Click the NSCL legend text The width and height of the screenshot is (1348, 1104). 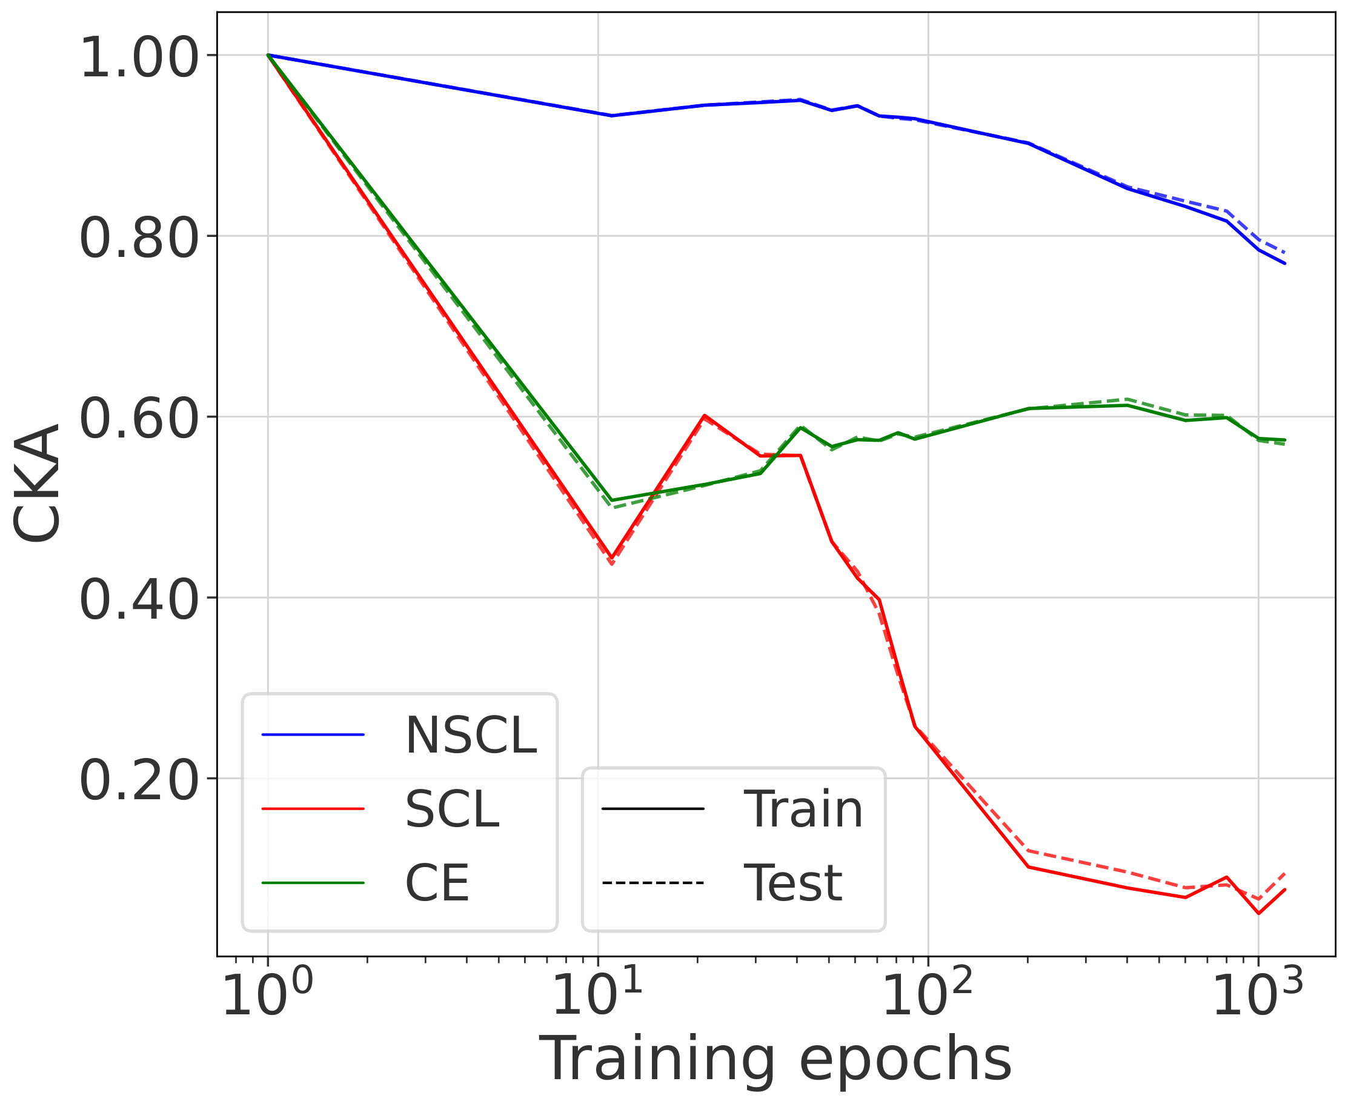click(x=471, y=736)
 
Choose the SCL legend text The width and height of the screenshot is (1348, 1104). click(x=452, y=810)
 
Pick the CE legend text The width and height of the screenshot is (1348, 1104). click(x=437, y=883)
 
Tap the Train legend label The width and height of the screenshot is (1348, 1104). click(x=803, y=810)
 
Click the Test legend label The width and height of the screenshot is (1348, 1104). click(x=792, y=883)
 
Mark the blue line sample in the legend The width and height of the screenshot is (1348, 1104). click(x=313, y=735)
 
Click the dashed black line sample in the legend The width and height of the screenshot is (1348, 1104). click(x=652, y=883)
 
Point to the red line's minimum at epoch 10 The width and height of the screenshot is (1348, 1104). click(x=611, y=557)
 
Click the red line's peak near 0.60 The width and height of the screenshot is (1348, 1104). click(x=704, y=415)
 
